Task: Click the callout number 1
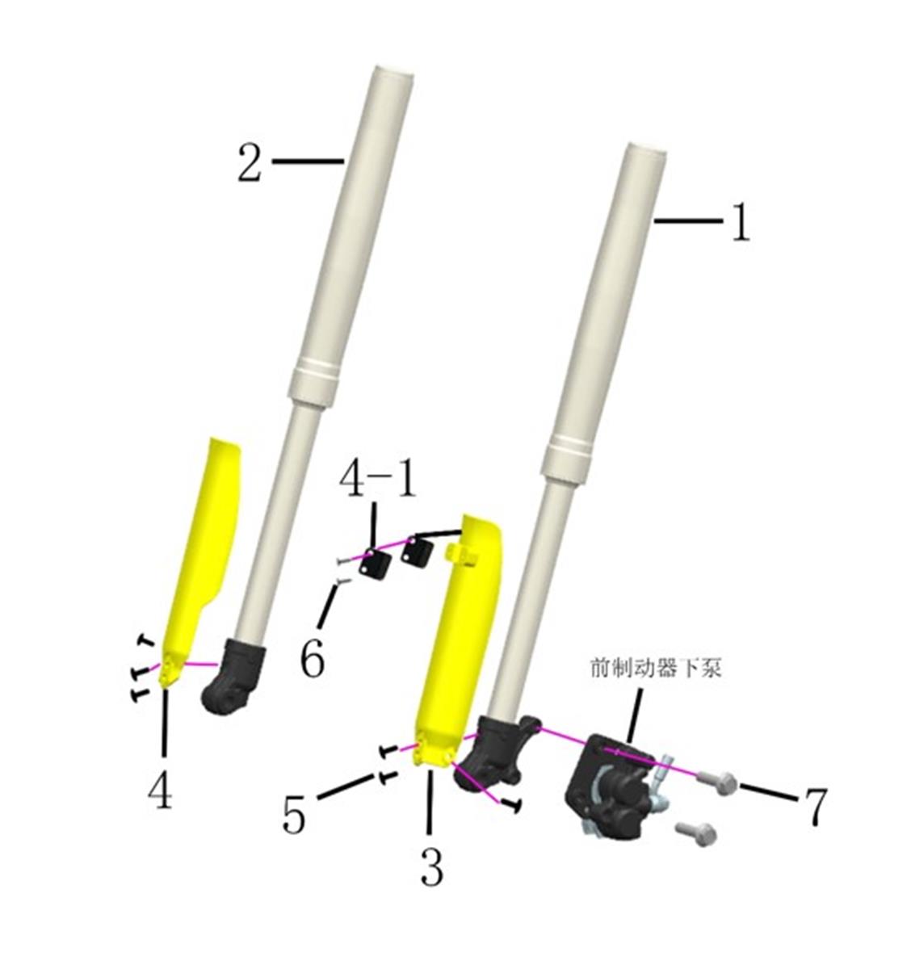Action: coord(741,222)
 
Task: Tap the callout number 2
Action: coord(250,163)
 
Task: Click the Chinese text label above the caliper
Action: coord(656,668)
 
